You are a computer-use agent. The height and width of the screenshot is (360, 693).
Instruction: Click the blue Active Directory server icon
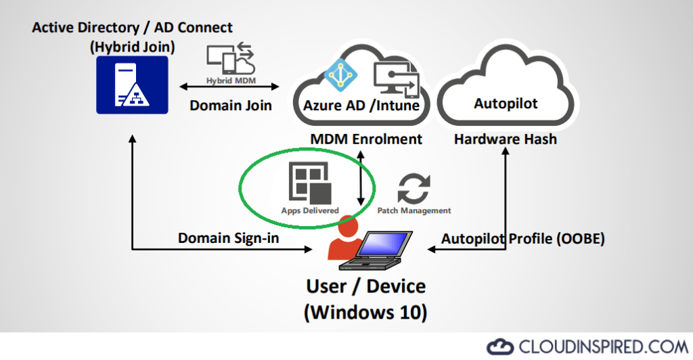coord(132,85)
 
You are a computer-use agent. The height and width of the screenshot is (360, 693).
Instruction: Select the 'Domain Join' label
coord(231,106)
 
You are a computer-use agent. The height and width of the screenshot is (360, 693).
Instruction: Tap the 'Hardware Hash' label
coord(506,139)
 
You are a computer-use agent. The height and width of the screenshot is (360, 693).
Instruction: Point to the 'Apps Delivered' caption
coord(310,210)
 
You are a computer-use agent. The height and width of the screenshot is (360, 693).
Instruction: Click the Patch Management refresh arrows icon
coord(413,189)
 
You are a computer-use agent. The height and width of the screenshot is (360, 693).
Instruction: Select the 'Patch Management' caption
coord(413,210)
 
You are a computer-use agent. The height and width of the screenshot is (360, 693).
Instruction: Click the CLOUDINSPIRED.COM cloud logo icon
coord(500,345)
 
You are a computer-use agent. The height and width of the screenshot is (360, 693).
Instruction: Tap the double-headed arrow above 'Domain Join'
coord(231,87)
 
